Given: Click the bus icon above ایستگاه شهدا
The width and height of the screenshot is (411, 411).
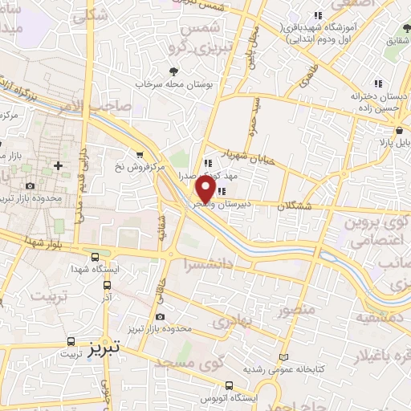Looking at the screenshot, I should (x=96, y=258).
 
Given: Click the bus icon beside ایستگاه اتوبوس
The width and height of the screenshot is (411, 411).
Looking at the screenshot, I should (x=230, y=385).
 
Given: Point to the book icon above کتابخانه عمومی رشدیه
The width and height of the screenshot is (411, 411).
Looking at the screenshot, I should (x=282, y=356).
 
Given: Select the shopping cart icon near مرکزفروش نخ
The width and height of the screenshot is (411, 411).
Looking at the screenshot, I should (x=141, y=155).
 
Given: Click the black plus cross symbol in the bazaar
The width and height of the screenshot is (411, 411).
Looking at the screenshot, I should (x=58, y=166).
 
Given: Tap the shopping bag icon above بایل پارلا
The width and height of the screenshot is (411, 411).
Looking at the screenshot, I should (x=399, y=129).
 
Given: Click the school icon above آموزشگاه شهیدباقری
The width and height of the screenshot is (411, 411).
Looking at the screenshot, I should (x=318, y=15).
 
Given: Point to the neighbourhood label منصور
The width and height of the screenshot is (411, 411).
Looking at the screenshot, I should (x=291, y=309).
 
